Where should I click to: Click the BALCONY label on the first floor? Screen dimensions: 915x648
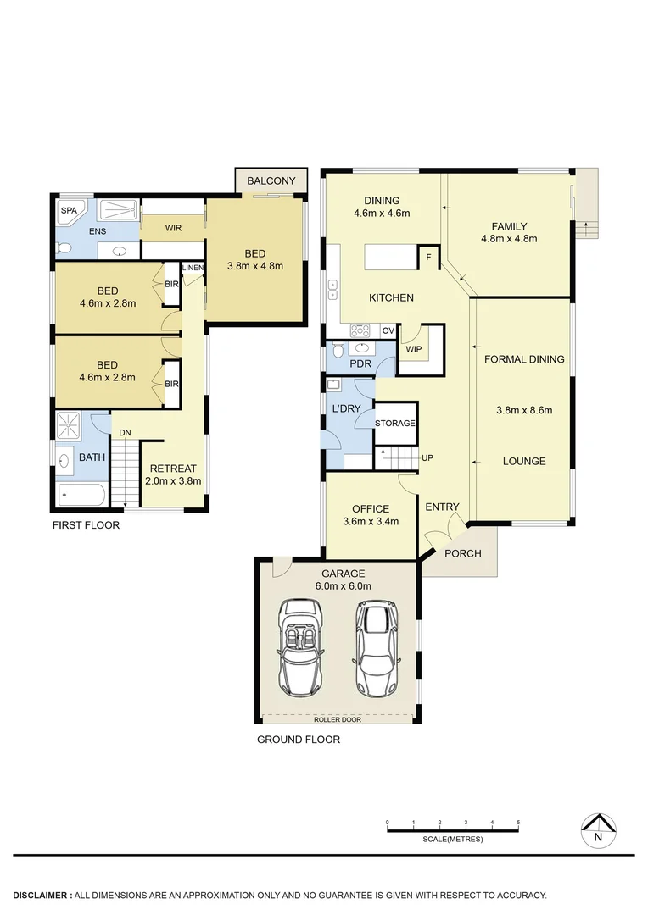pos(271,180)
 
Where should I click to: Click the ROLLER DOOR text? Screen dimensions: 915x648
pos(338,720)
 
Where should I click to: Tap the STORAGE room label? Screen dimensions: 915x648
pos(395,423)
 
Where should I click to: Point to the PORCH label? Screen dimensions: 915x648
pos(463,553)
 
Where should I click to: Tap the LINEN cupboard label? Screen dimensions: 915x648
pos(193,269)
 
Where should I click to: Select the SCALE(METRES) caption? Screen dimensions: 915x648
pos(452,840)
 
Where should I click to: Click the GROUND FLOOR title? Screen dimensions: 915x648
pos(299,740)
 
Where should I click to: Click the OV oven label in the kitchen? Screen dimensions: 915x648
pos(388,330)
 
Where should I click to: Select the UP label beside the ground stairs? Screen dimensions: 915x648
pos(427,457)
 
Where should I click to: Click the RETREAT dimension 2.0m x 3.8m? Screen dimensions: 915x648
pos(173,481)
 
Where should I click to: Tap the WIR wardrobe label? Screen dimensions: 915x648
pos(173,228)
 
